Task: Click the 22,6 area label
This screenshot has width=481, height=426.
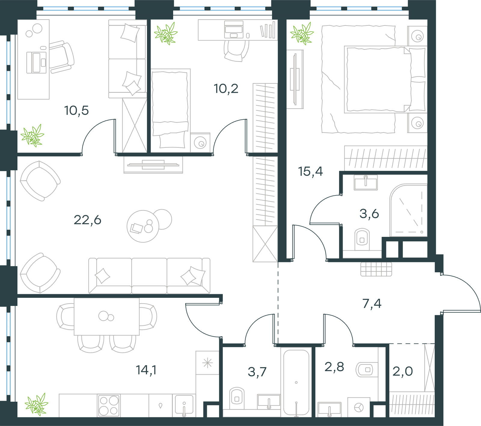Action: pos(87,220)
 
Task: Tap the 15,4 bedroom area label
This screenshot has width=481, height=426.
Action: pos(310,171)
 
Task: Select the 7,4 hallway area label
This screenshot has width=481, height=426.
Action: pos(372,304)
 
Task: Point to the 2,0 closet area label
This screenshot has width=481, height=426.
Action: pos(403,371)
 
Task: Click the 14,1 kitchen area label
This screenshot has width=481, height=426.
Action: pos(146,370)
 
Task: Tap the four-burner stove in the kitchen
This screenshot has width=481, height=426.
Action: pos(109,405)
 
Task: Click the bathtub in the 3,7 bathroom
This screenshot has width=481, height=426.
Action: pos(296,382)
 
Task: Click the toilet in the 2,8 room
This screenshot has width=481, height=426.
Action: pos(366,370)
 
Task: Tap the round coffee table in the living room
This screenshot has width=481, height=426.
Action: pos(143,226)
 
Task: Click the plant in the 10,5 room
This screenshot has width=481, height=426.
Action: pos(32,136)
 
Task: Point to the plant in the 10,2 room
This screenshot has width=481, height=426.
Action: pos(166,34)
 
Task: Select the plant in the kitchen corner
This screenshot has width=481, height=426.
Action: pos(37,404)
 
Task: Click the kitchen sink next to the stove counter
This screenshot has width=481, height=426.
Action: pos(184,406)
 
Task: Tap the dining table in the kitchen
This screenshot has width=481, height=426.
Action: pos(107,316)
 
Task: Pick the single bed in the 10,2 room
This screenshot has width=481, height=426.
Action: pos(170,110)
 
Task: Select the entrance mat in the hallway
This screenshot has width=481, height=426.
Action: pos(376,269)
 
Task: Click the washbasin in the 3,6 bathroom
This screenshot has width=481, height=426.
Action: pos(366,182)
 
